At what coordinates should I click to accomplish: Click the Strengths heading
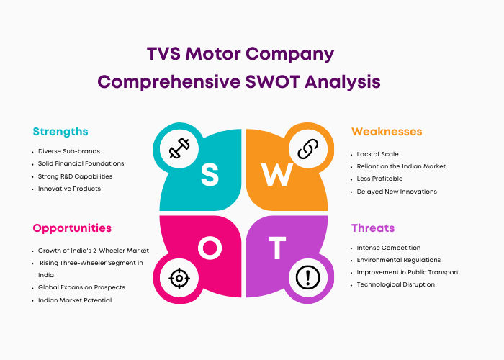pos(60,132)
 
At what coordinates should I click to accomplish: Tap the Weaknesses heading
pos(387,132)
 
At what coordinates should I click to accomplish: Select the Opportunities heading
pos(72,228)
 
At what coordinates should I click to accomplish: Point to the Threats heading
pos(373,228)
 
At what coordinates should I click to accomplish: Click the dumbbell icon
pos(179,148)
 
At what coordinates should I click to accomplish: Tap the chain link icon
pos(307,149)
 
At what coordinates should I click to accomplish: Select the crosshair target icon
pos(179,278)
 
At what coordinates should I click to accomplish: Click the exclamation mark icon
pos(307,278)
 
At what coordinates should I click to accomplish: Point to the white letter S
pos(210,174)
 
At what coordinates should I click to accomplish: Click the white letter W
pos(276,174)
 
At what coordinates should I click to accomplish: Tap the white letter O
pos(210,248)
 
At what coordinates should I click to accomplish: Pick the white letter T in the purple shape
pos(277,248)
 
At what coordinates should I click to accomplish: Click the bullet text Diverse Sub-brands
pos(69,151)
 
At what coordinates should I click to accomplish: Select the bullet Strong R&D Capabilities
pos(75,176)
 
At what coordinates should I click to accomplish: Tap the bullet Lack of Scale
pos(378,154)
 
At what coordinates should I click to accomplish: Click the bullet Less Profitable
pos(379,179)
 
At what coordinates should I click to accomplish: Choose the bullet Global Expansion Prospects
pos(81,287)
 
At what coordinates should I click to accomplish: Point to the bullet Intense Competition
pos(389,248)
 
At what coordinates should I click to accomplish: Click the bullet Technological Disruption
pos(396,284)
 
